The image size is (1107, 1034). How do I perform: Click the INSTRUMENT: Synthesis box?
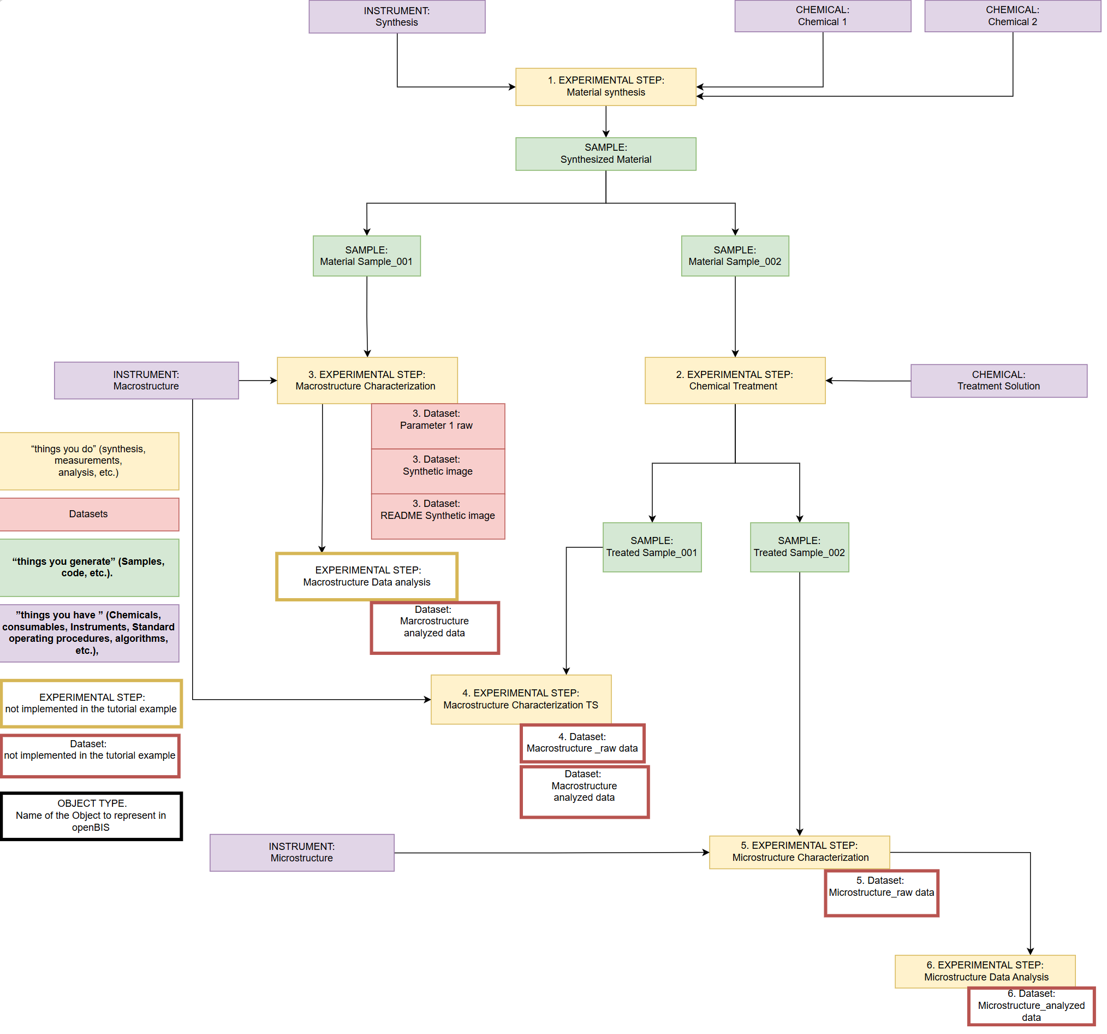click(x=397, y=17)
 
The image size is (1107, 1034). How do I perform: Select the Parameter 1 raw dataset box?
click(x=439, y=427)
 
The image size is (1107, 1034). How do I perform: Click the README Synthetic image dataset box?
click(x=439, y=517)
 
